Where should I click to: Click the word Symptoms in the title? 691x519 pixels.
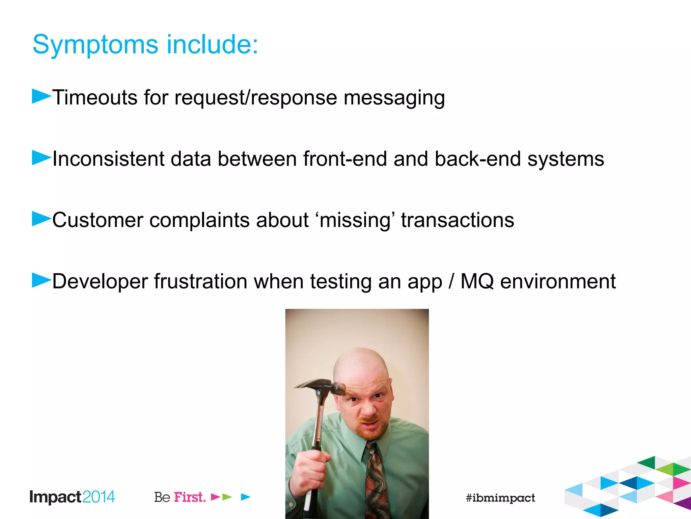(95, 45)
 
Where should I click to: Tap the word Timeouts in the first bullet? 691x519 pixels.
(95, 98)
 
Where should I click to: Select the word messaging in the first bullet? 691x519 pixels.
(394, 98)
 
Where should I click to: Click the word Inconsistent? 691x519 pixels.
(108, 159)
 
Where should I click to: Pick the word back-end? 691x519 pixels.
(477, 159)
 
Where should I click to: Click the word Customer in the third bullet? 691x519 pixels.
(98, 220)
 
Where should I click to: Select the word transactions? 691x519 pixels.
(458, 220)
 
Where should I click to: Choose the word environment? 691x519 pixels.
(558, 281)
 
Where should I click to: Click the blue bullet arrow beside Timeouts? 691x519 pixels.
(41, 96)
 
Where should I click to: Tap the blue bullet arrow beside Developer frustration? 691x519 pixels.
(41, 280)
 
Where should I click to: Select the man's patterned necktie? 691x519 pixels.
(376, 480)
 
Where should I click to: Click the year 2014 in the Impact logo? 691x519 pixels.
(99, 497)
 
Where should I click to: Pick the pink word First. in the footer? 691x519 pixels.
(190, 497)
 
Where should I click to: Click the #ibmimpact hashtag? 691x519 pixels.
(500, 498)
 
